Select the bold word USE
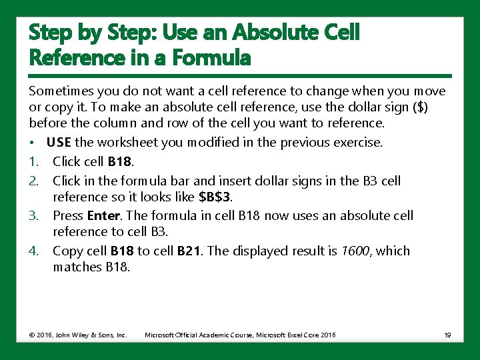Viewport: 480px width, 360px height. tap(59, 142)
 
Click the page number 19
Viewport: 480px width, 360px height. tap(447, 335)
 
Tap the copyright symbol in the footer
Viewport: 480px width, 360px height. tap(32, 335)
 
